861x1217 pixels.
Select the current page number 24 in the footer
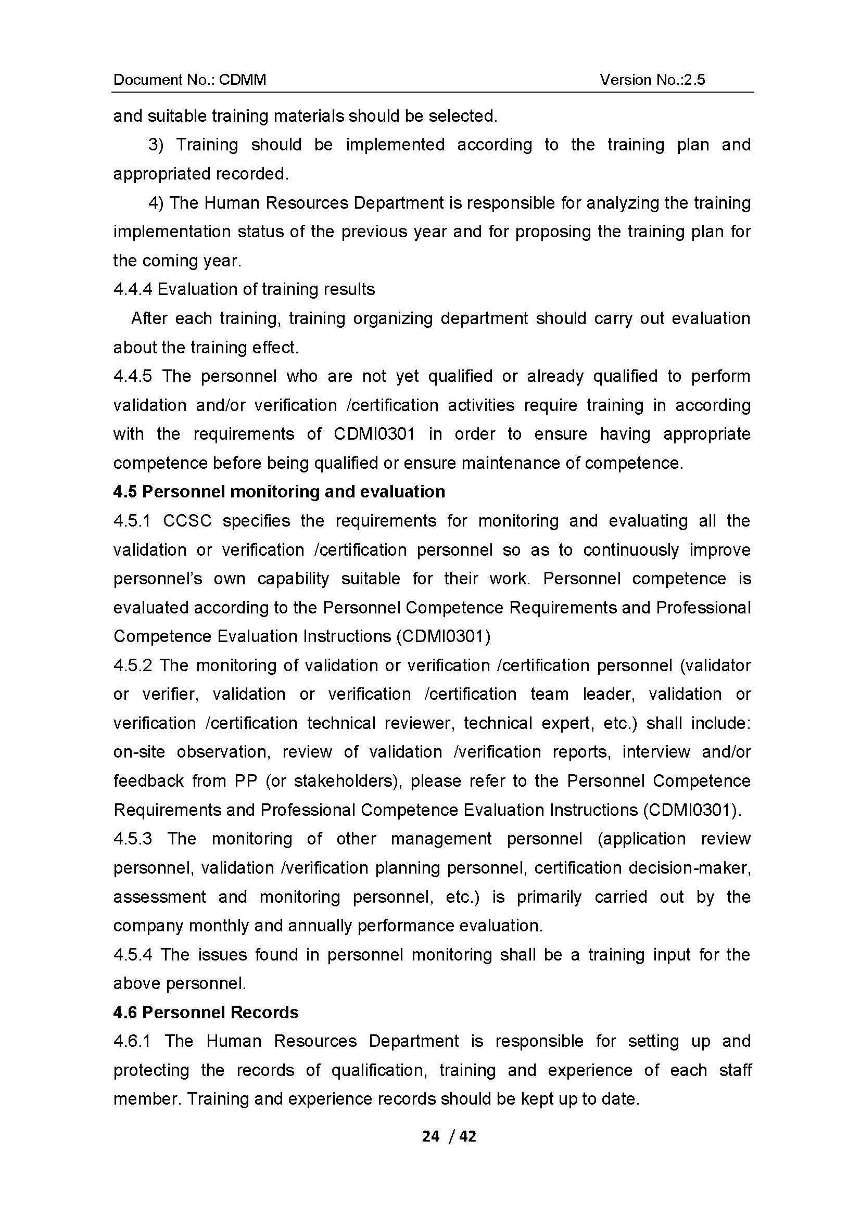(x=431, y=1136)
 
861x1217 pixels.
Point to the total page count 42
(x=467, y=1136)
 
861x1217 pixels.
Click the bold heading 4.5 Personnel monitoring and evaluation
(x=279, y=491)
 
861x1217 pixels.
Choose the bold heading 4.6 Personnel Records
(x=206, y=1012)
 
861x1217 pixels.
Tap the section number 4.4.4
(x=133, y=289)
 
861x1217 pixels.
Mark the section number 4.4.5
(x=133, y=376)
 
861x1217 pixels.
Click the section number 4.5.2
(x=133, y=665)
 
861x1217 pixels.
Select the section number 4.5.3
(x=133, y=839)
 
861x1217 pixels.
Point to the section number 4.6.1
(x=132, y=1041)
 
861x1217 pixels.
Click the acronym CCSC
(x=187, y=521)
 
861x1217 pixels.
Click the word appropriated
(x=162, y=174)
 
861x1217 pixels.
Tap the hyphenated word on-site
(x=139, y=752)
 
